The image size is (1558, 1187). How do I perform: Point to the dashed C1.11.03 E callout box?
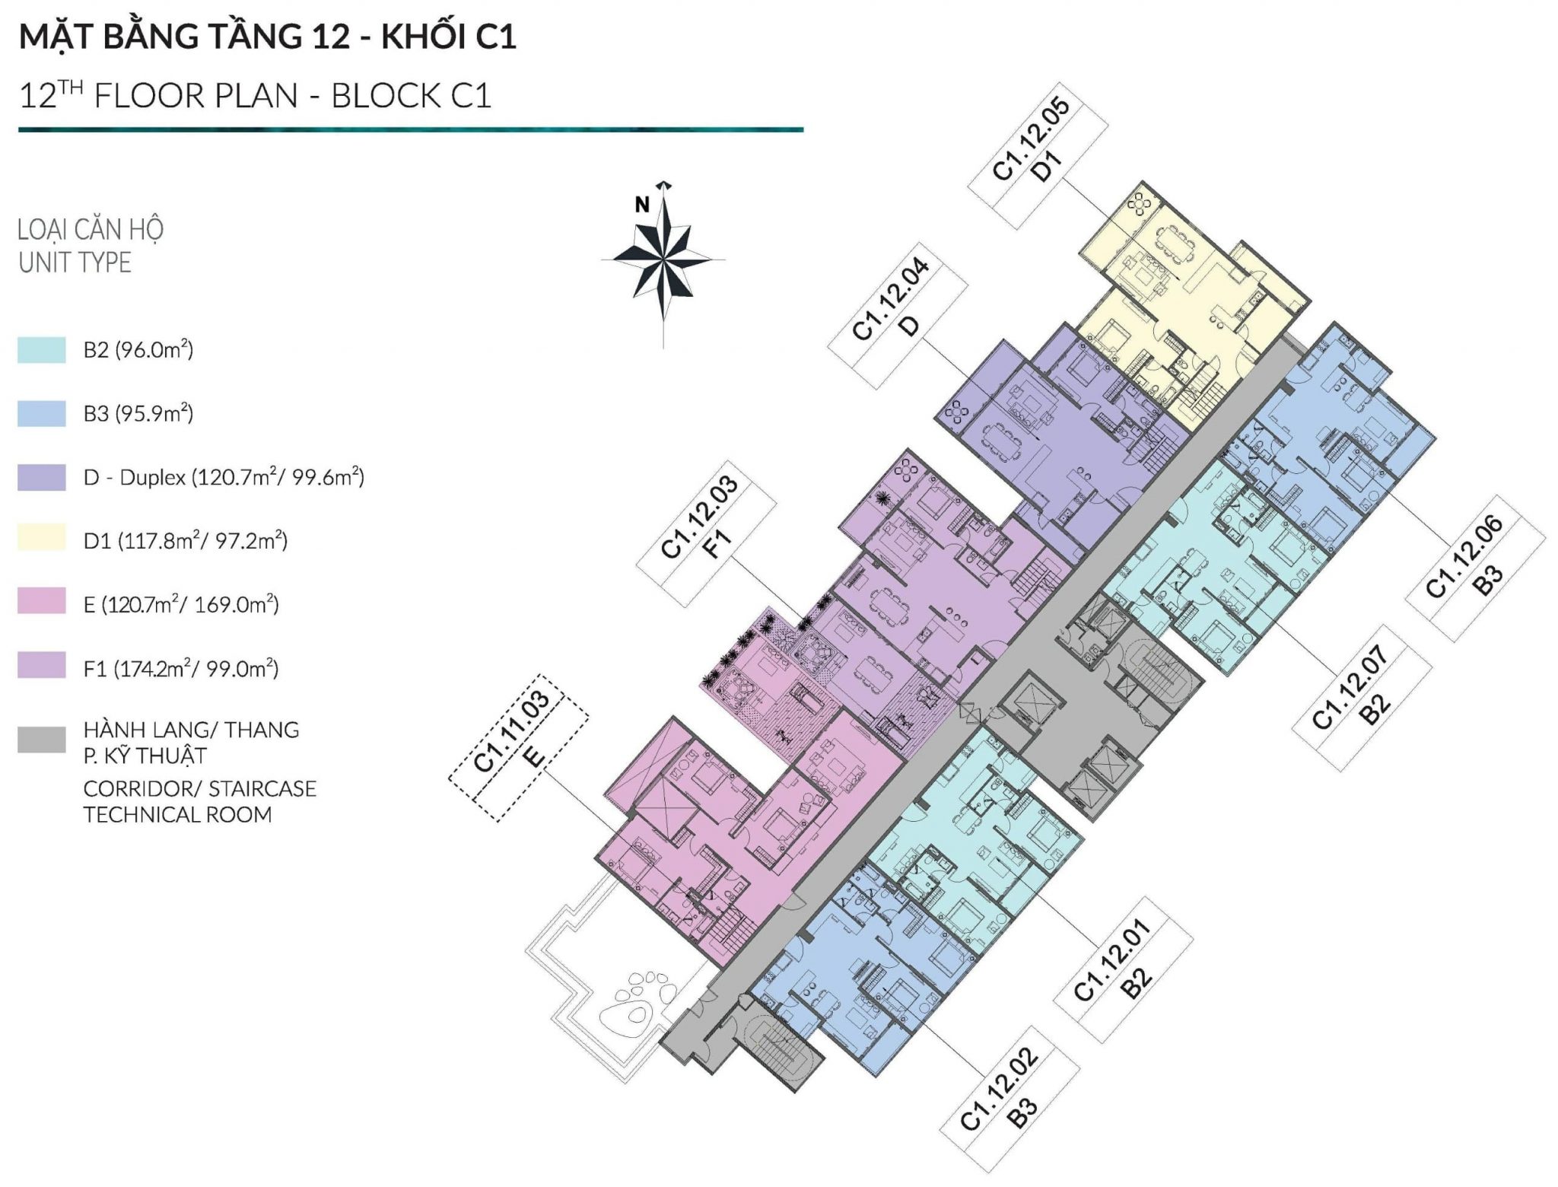point(518,748)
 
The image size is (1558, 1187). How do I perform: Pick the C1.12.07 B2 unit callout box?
point(1362,699)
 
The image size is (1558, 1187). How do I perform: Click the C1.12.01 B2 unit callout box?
point(1123,969)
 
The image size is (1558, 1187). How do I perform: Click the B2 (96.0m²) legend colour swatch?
point(42,351)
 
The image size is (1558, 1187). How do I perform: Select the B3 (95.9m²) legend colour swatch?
point(42,414)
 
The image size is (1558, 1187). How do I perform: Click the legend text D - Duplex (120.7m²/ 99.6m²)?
point(224,478)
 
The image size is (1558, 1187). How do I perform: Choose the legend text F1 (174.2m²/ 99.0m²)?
point(181,669)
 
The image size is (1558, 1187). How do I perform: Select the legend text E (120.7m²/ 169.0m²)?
point(181,605)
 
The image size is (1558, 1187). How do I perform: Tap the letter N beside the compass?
point(643,205)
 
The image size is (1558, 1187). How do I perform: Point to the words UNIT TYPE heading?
point(75,263)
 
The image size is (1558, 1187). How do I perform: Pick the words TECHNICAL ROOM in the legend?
point(178,815)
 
